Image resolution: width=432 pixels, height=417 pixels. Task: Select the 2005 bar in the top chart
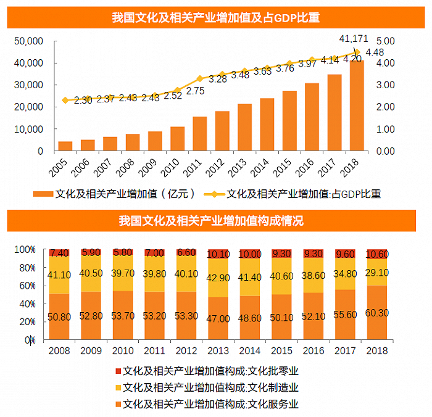click(65, 146)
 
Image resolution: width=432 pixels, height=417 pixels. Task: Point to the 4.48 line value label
click(375, 52)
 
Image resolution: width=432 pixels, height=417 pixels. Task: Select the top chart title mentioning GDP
click(215, 17)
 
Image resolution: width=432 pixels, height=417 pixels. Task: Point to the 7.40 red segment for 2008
click(60, 253)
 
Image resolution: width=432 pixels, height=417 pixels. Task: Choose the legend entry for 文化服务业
click(210, 404)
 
